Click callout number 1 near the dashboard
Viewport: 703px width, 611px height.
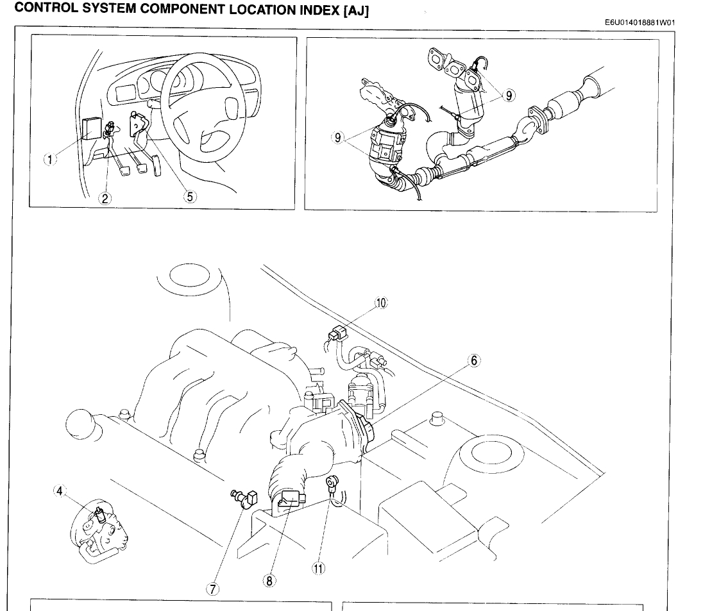tap(49, 160)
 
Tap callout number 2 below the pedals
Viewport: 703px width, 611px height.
tap(105, 198)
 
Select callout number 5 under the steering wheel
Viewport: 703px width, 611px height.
tap(189, 197)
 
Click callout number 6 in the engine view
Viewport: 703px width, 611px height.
tap(474, 360)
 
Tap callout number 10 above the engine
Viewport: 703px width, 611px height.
tap(382, 303)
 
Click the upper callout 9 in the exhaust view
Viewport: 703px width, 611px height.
tap(509, 95)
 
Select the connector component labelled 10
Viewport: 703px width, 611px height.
tap(337, 334)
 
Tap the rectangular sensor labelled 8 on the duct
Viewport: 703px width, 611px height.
tap(292, 497)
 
